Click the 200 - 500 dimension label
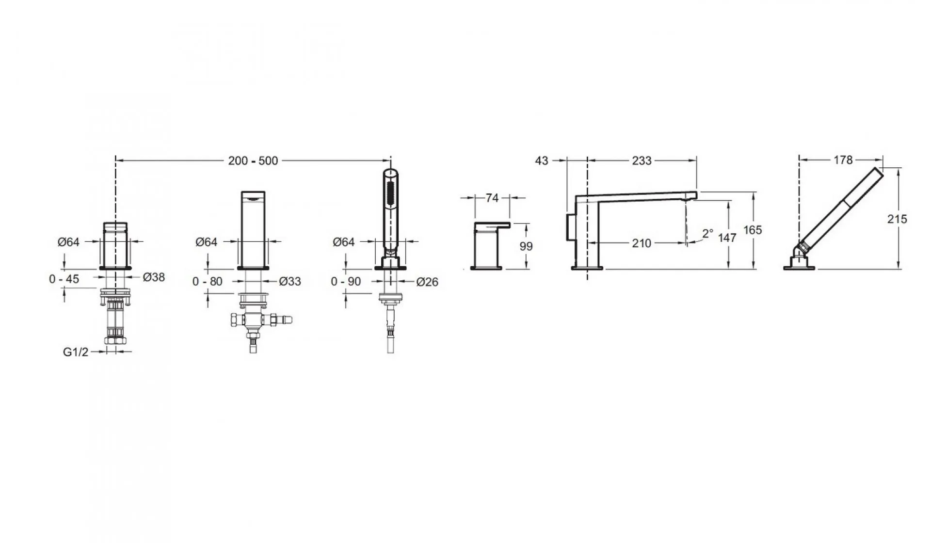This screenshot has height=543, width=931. pos(253,161)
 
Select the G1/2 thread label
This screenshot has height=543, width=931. pos(76,352)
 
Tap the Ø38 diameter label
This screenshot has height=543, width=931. pos(154,277)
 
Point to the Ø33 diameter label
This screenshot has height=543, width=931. pos(290,281)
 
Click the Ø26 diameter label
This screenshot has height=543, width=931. pos(427,282)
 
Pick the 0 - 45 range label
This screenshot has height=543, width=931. pos(64,279)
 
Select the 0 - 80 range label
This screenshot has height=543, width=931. pos(208,281)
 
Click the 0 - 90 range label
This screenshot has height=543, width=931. pos(346,282)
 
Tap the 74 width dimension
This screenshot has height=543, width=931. pos(492,198)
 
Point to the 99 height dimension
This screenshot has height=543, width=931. pos(526,246)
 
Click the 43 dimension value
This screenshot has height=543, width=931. pos(542,160)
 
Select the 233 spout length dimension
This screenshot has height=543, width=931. pos(642,160)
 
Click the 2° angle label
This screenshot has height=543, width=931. pos(707,234)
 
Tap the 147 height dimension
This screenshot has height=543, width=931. pos(727,238)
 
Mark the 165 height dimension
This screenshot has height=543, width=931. pos(753,230)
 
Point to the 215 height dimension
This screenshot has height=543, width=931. pos(897,219)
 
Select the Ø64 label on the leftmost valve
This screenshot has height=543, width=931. pos(68,241)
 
